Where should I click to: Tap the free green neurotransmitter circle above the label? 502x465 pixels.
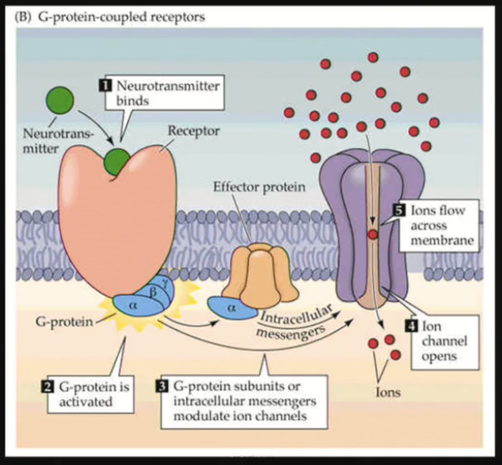(x=58, y=101)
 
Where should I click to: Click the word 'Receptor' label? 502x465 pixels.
(x=189, y=129)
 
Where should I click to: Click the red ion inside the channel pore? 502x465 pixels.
(x=373, y=234)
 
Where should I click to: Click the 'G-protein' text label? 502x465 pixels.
(x=62, y=321)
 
